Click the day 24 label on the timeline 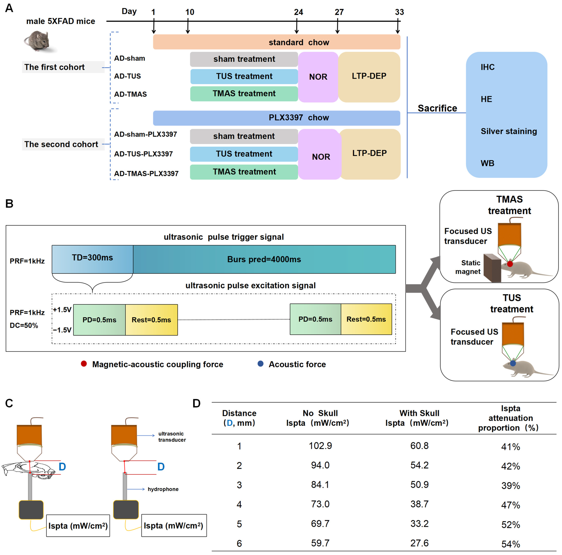point(298,12)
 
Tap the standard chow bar point(276,42)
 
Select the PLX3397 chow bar point(276,118)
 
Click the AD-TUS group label point(127,76)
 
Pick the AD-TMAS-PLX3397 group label point(146,173)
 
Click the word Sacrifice point(437,108)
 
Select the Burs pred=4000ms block point(264,259)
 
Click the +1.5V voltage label point(62,310)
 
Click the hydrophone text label point(163,489)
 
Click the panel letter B point(9,204)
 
